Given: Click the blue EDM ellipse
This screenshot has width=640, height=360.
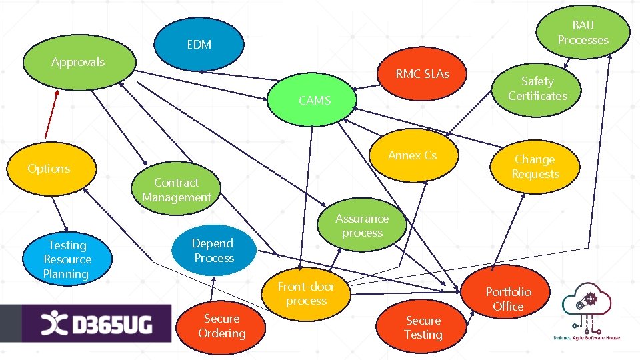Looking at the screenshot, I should tap(199, 45).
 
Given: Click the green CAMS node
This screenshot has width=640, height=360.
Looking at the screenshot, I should tap(315, 101).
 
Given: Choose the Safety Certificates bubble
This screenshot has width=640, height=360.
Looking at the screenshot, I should tap(537, 89).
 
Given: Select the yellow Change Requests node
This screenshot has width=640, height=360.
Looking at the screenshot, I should tap(535, 167).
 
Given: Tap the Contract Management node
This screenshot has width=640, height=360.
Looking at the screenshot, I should tap(176, 189).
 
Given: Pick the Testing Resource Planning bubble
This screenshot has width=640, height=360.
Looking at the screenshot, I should tap(67, 259).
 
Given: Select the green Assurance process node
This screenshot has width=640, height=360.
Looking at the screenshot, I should tap(361, 225).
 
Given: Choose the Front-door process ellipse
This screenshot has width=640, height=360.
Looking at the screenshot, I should tap(306, 293).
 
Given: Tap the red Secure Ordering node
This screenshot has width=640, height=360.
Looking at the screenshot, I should tap(221, 326).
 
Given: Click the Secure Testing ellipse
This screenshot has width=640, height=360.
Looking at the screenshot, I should tap(423, 327).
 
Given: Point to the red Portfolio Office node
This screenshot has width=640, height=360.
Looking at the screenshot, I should tap(508, 299).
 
